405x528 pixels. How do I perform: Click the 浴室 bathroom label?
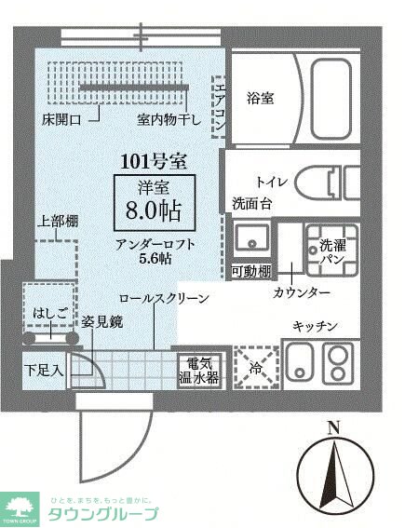point(260,97)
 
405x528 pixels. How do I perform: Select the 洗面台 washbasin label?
point(251,203)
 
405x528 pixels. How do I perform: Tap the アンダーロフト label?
point(155,245)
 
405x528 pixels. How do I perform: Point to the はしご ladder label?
point(47,312)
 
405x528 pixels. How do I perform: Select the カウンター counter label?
point(302,292)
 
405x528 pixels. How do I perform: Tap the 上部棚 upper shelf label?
point(57,222)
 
